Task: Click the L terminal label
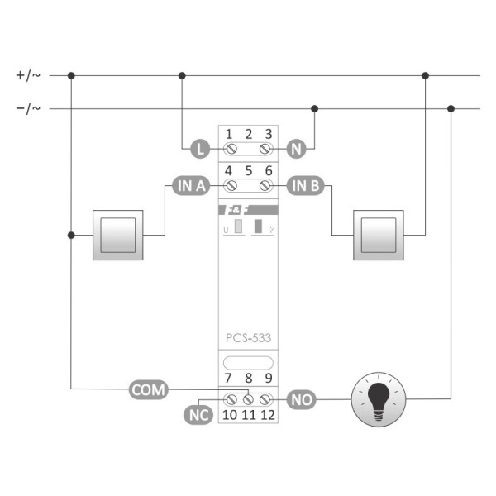click(x=198, y=150)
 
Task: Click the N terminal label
click(x=297, y=150)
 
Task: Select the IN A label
click(x=190, y=185)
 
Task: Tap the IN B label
click(x=304, y=185)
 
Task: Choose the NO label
click(x=300, y=399)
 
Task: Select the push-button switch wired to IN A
click(x=118, y=235)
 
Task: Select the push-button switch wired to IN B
click(x=379, y=235)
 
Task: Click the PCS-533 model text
click(x=248, y=337)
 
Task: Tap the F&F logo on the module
click(x=236, y=210)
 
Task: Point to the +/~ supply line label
click(x=27, y=75)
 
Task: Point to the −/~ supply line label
click(x=27, y=107)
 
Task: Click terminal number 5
click(x=248, y=170)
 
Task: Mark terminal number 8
click(x=248, y=379)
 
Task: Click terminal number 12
click(x=268, y=414)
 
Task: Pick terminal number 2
click(x=248, y=134)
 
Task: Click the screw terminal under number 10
click(x=231, y=399)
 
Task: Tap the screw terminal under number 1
click(x=231, y=150)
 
